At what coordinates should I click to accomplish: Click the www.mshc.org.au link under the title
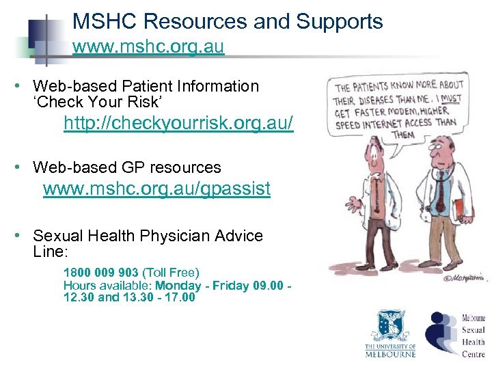[x=148, y=49]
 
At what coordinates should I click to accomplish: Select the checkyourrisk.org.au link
[x=178, y=124]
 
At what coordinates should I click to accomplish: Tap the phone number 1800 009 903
[x=100, y=273]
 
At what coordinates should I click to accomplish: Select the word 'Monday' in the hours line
[x=178, y=286]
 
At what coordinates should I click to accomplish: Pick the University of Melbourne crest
[x=389, y=327]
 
